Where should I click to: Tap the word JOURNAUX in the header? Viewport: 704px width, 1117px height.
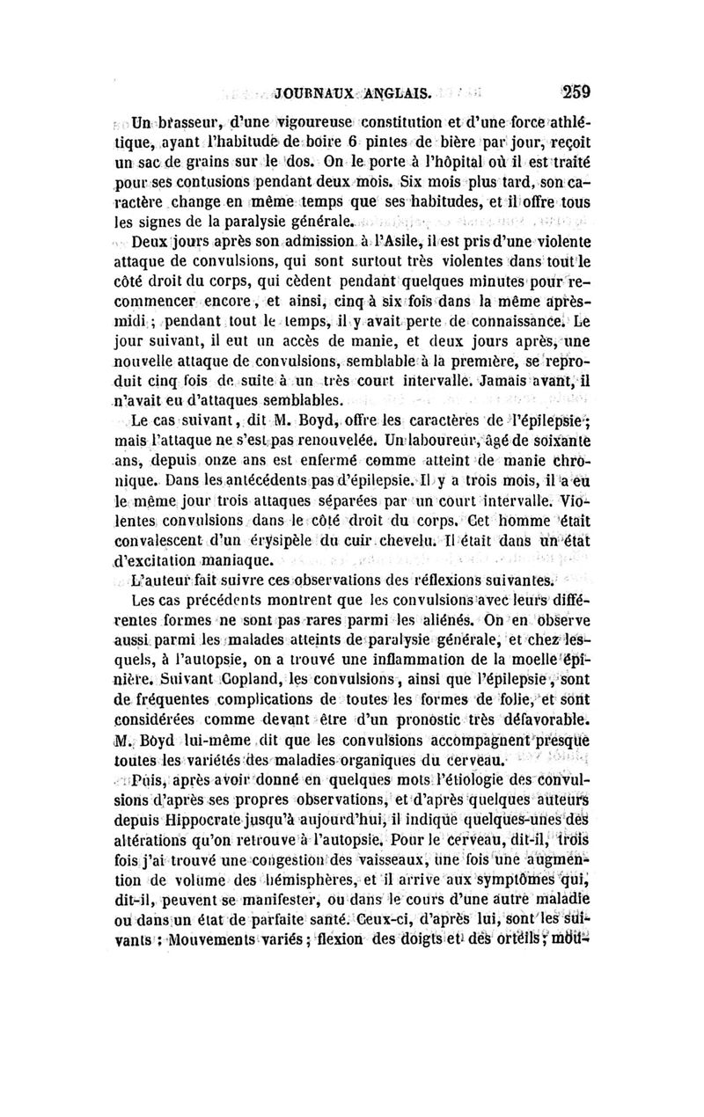tap(313, 91)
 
